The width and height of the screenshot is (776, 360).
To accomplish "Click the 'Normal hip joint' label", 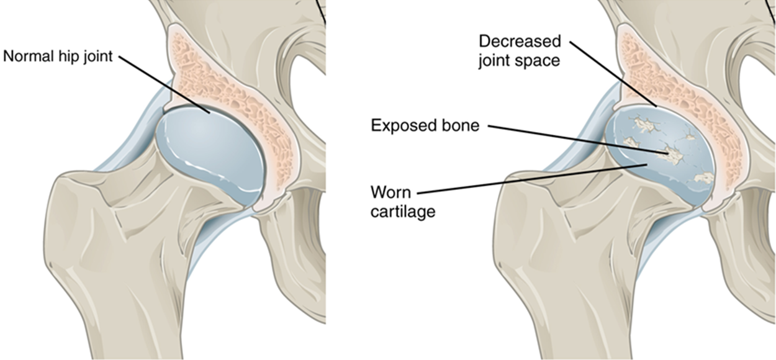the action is (x=58, y=56).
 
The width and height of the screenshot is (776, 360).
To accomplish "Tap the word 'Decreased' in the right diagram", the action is (x=520, y=42).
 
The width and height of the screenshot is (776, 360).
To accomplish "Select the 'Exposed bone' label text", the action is (x=425, y=125).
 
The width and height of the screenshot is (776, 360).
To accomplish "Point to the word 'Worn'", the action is (x=390, y=192).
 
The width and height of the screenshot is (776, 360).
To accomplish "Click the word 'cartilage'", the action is (x=403, y=212).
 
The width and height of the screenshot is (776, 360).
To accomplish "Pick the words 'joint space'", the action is (x=519, y=61).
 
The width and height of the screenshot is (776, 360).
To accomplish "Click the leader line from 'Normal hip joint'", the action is (x=165, y=85).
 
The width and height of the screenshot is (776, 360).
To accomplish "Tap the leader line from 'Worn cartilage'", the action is (x=532, y=179).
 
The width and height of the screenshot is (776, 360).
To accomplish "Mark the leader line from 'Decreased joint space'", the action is (x=613, y=74).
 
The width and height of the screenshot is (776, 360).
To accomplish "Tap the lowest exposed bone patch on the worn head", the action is (x=703, y=178).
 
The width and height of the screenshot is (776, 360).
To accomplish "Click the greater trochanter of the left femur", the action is (x=79, y=215).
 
